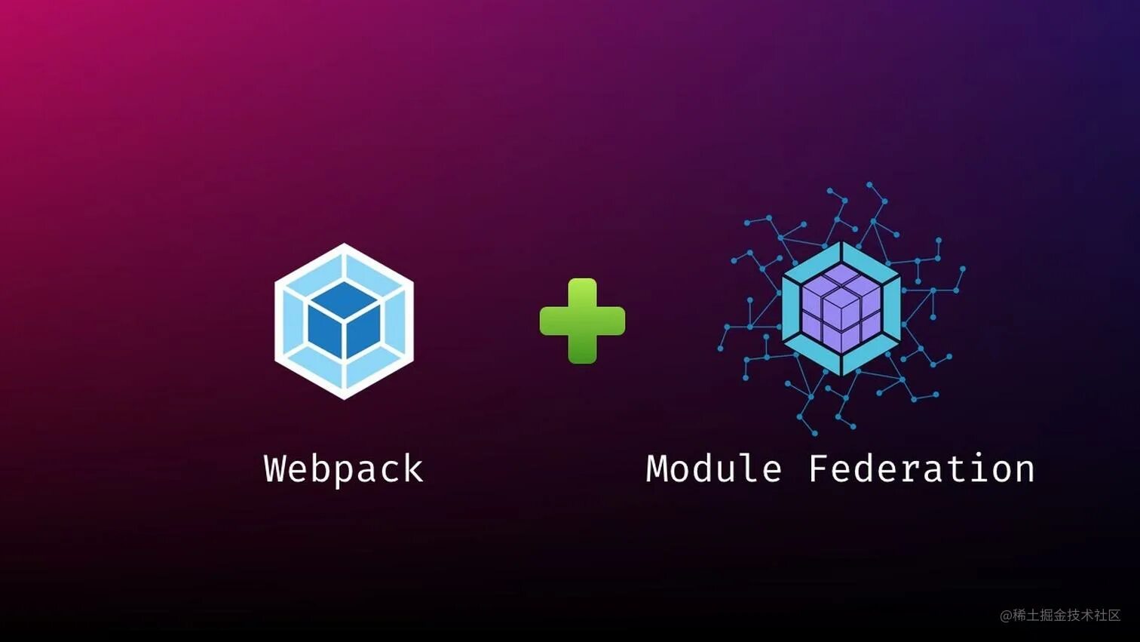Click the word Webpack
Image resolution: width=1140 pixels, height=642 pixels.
click(344, 468)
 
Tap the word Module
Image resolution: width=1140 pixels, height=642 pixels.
click(714, 468)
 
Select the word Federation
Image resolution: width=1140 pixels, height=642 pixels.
click(921, 468)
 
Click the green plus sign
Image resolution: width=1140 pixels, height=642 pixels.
click(582, 321)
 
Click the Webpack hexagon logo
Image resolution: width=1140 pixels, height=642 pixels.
click(344, 321)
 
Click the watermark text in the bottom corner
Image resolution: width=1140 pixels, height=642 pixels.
click(1060, 615)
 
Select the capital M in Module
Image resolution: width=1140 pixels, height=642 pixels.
click(657, 468)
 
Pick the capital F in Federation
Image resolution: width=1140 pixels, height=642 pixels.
click(820, 468)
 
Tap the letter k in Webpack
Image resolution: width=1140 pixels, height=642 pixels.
click(413, 468)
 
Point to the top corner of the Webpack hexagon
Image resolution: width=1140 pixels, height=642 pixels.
click(345, 245)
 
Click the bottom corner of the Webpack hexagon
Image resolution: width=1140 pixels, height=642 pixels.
click(345, 398)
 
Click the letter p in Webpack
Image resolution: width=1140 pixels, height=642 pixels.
click(343, 472)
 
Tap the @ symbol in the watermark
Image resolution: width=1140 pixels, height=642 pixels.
click(1006, 616)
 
